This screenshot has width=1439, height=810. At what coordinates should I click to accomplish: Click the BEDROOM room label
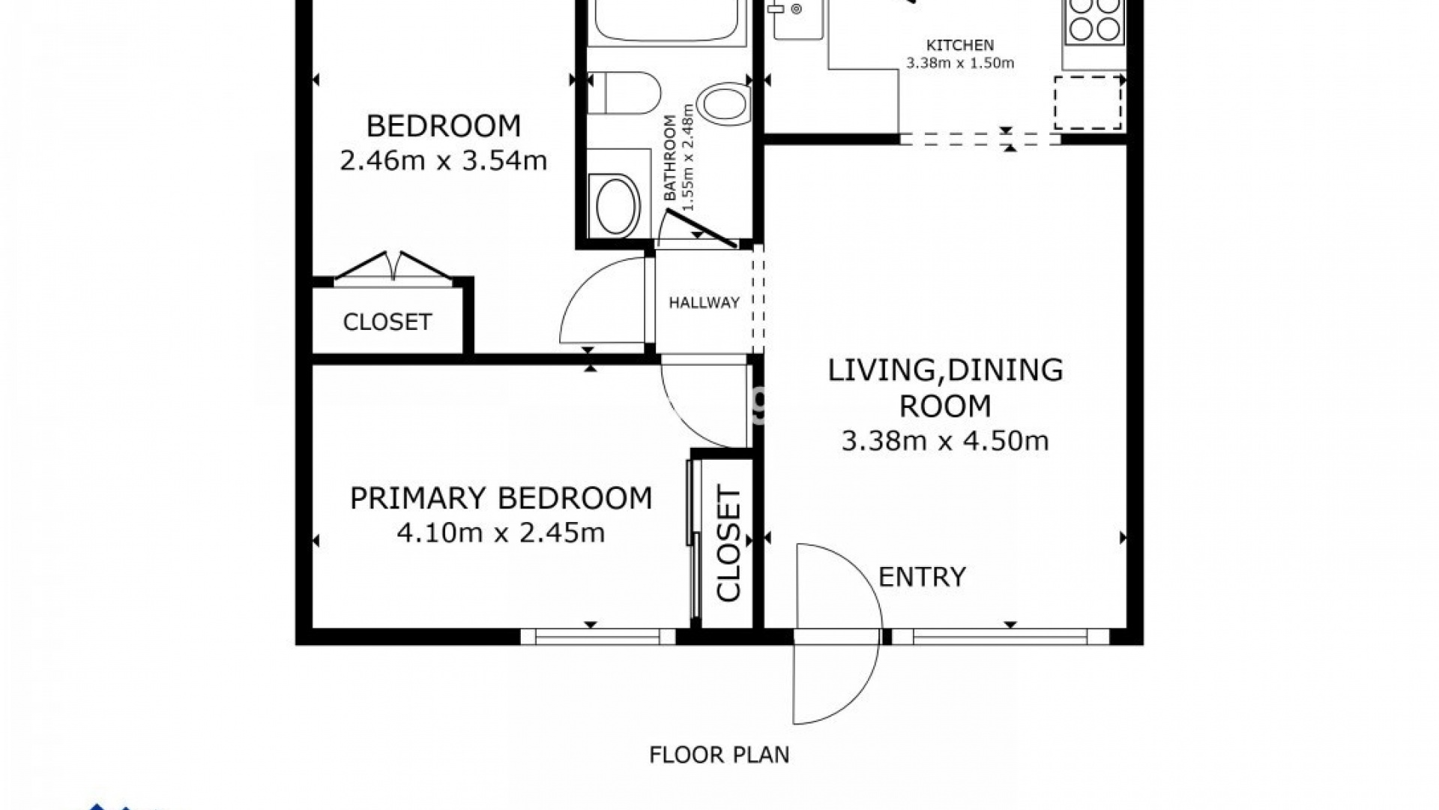pos(444,126)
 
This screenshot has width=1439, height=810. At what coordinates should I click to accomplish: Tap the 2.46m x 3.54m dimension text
pos(444,160)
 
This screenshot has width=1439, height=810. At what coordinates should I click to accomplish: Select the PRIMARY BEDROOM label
pos(501,499)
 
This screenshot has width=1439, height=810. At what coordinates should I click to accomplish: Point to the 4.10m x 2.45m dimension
pos(501,533)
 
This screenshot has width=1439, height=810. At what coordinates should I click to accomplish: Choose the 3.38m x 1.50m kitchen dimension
pos(960,63)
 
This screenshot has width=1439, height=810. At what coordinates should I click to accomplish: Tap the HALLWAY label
pos(705,303)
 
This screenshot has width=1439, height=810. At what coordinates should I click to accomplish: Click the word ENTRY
pos(922,577)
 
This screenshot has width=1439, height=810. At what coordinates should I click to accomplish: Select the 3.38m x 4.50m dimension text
pos(945,441)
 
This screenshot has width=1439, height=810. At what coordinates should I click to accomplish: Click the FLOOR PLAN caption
pos(719,754)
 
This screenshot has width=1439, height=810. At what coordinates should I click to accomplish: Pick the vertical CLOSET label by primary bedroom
pos(728,544)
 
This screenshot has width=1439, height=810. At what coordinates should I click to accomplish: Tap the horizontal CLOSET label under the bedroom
pos(387,322)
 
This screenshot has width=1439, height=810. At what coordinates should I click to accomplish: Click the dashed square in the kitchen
pos(1088,103)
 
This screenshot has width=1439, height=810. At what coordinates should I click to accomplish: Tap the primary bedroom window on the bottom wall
pos(599,637)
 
